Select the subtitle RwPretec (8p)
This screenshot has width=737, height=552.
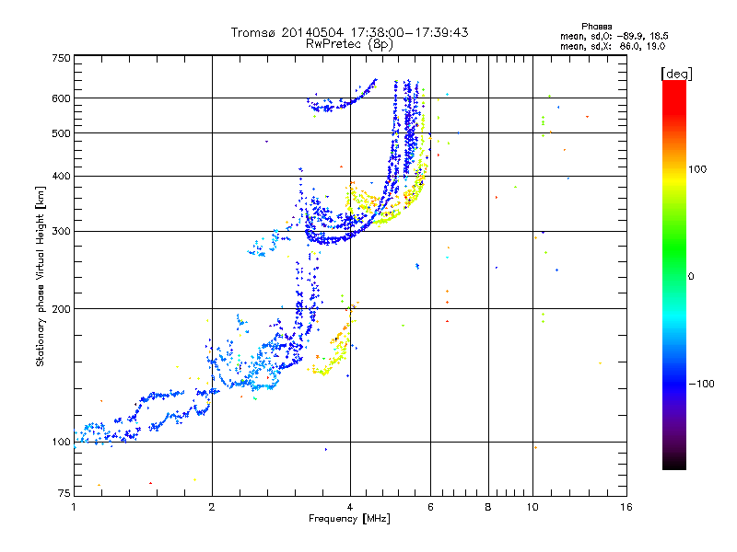pos(349,44)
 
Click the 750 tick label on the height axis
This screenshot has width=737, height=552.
pos(62,58)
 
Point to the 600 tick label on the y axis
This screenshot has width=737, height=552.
pos(62,98)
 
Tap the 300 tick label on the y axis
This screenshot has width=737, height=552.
pos(62,231)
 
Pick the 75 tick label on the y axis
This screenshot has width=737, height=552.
pos(64,493)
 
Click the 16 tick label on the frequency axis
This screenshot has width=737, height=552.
pos(626,507)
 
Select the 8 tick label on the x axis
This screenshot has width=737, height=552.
pos(488,507)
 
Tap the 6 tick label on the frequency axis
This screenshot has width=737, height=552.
pos(430,507)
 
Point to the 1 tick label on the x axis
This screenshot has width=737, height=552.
pos(74,507)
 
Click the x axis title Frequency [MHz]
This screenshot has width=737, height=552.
pos(349,519)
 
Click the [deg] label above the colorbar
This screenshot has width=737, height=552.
pos(676,74)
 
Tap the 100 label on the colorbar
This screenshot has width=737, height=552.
pos(697,169)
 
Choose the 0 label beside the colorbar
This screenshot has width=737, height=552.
pos(691,277)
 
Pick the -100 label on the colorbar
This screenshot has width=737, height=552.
pos(702,384)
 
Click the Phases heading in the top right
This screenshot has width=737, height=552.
pos(596,27)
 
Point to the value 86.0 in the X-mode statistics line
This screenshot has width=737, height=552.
pos(631,46)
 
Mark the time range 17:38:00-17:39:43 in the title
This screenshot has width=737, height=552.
pos(409,32)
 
